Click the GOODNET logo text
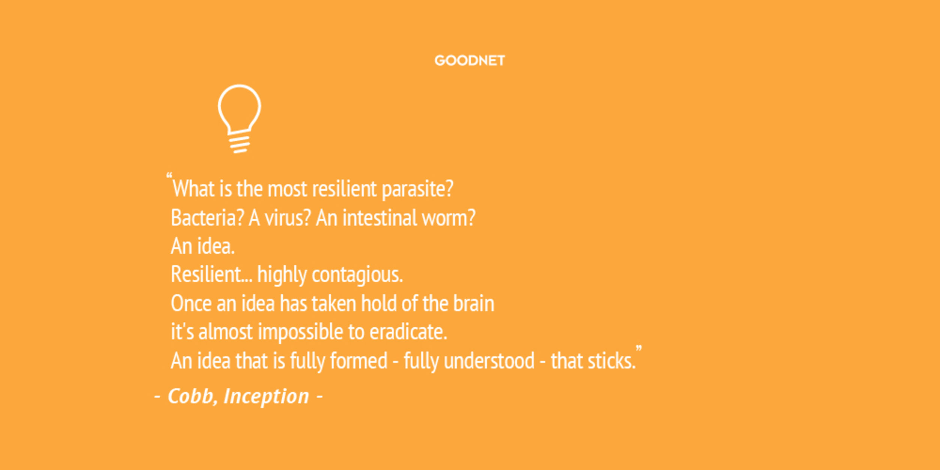tap(470, 60)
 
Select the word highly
tap(282, 274)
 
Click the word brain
tap(473, 303)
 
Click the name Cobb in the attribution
tap(190, 396)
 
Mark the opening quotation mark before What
tap(169, 175)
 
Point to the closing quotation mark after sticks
tap(639, 349)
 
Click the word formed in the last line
tap(359, 361)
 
